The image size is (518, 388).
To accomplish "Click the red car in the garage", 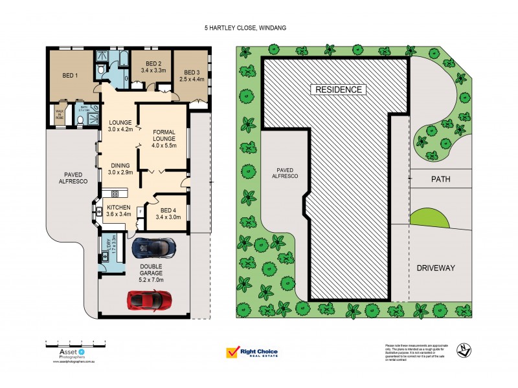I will tap(150, 299).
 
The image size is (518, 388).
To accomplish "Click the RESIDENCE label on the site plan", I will tap(339, 89).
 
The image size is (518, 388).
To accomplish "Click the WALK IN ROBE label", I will tap(60, 114).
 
